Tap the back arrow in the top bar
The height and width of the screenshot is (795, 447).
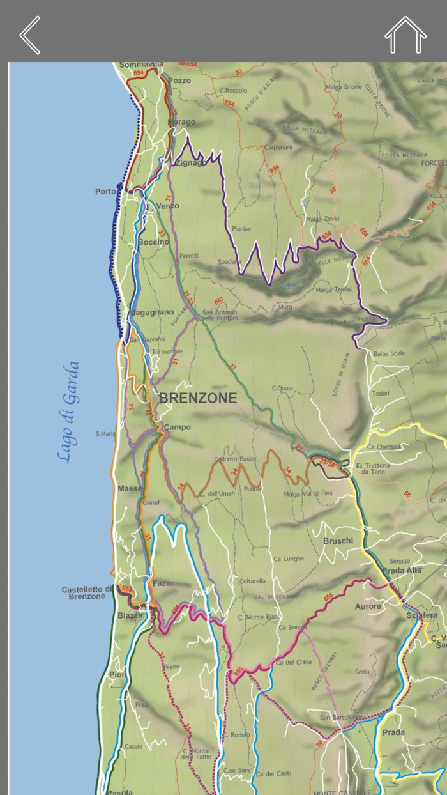(x=30, y=35)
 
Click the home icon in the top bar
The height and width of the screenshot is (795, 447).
(x=405, y=35)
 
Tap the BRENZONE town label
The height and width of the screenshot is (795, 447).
(x=197, y=398)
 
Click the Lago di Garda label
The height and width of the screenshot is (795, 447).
(x=68, y=412)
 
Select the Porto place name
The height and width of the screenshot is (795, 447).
(x=105, y=192)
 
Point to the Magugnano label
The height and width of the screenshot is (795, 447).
(x=151, y=313)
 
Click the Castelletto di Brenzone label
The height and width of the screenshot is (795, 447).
(x=87, y=592)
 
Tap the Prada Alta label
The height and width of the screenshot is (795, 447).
(x=401, y=571)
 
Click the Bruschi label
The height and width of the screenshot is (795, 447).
(x=338, y=541)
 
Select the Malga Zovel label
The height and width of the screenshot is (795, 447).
(x=322, y=219)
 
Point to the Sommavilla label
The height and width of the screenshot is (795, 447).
(x=141, y=65)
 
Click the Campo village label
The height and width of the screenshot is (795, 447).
(x=177, y=427)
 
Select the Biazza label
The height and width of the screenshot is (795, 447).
(x=130, y=615)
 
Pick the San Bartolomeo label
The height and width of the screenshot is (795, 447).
(x=342, y=717)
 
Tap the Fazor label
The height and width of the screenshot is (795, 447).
(x=163, y=583)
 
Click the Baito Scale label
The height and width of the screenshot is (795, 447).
(x=389, y=353)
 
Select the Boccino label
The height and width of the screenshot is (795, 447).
(x=154, y=242)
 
